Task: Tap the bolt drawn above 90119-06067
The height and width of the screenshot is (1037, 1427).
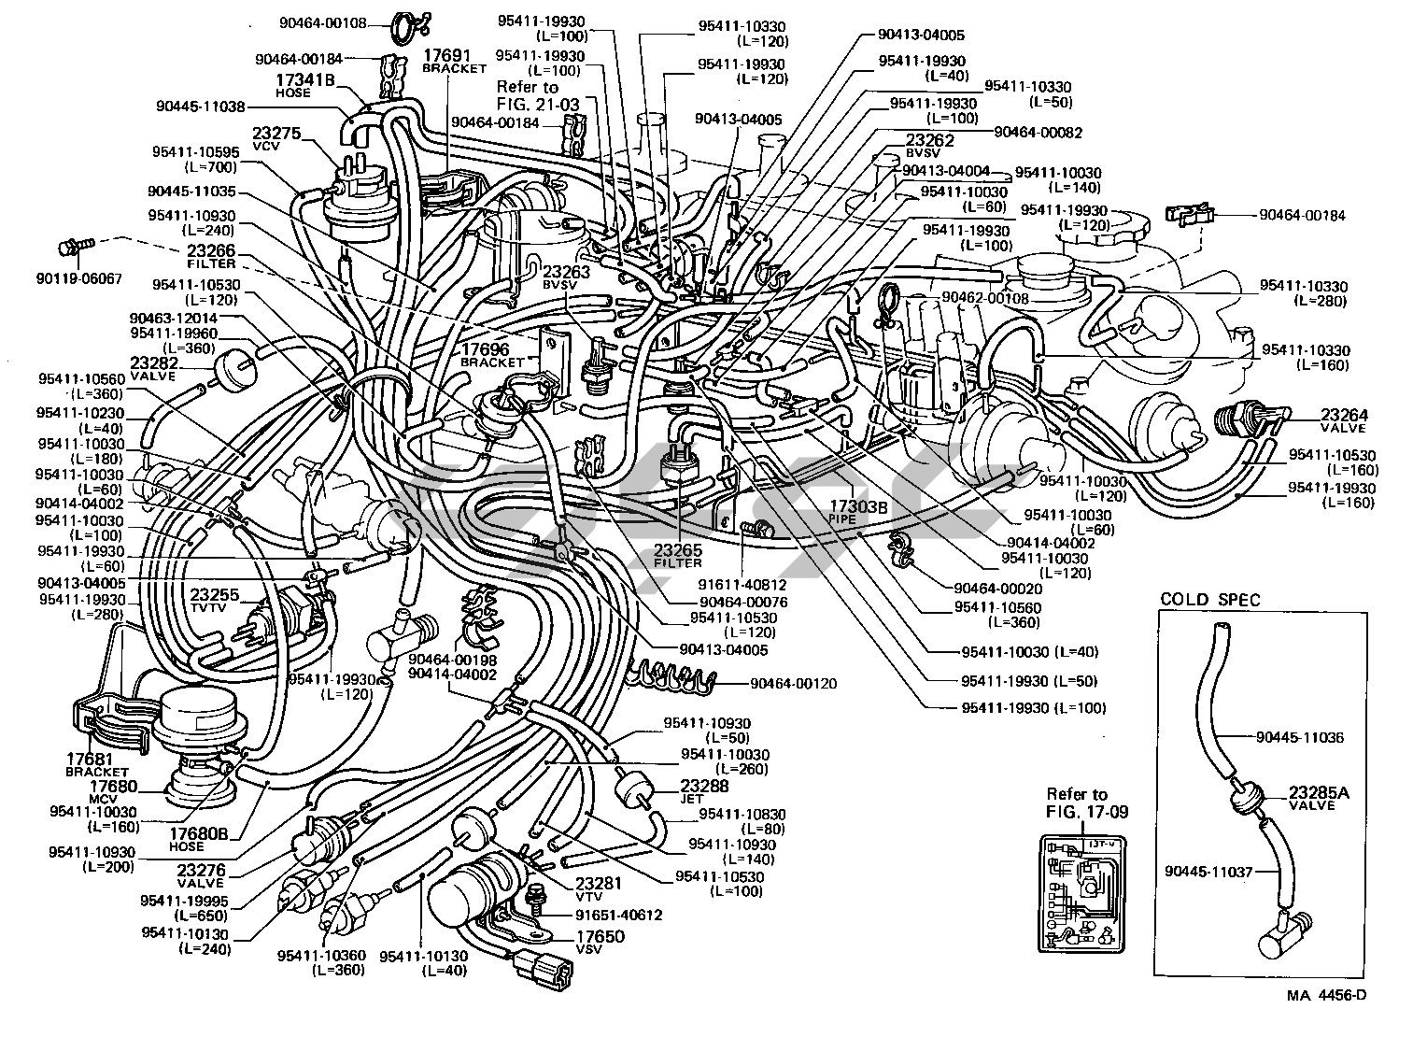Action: (72, 247)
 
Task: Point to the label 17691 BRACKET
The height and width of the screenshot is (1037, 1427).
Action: (454, 62)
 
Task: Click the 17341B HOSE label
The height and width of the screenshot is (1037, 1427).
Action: (304, 85)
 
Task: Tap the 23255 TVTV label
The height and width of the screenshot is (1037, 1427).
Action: (215, 599)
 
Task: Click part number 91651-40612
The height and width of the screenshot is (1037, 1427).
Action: (618, 915)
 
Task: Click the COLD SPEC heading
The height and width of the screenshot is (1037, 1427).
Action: (1210, 599)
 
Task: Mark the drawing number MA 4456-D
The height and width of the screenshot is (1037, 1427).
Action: (1326, 997)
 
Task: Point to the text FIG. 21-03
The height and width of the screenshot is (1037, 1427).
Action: (540, 103)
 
